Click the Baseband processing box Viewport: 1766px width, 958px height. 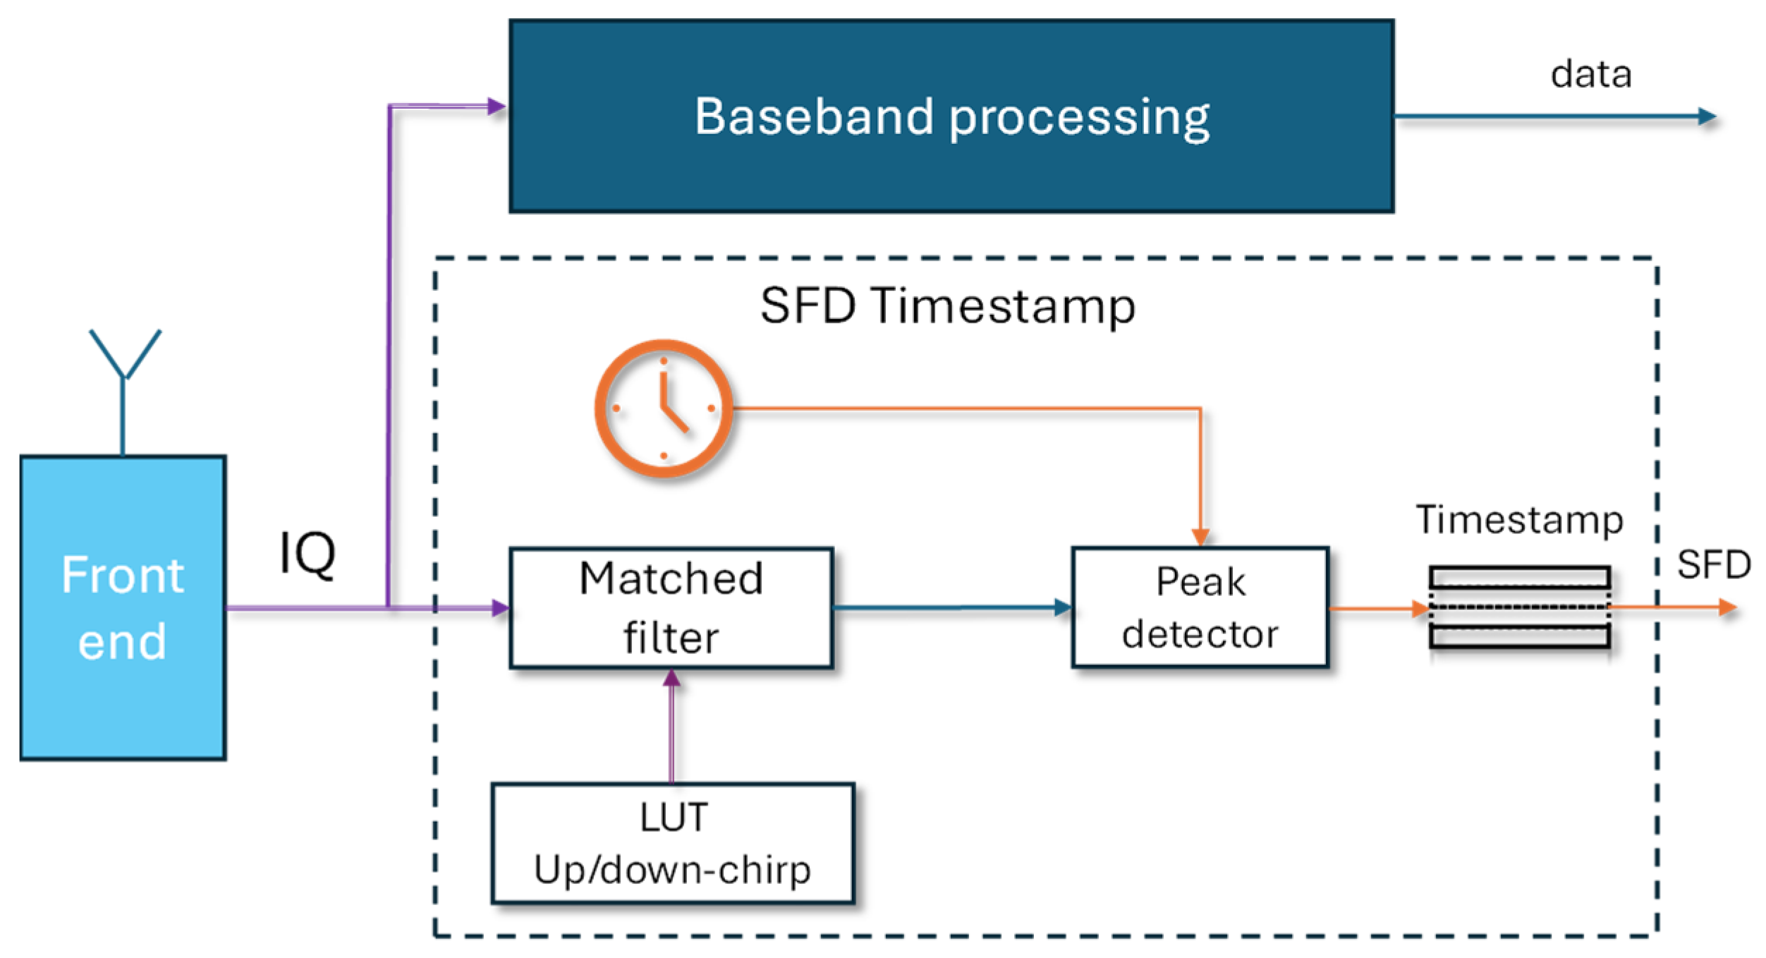(951, 116)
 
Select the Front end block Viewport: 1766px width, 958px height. (123, 607)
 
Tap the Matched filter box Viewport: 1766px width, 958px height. (671, 607)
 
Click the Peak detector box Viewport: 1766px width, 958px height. (1200, 607)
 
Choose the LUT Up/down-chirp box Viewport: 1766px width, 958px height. (673, 843)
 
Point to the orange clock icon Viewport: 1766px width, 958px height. (663, 408)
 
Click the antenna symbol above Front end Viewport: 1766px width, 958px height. (124, 392)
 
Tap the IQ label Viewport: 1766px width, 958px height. (307, 554)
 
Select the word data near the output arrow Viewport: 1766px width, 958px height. (1591, 74)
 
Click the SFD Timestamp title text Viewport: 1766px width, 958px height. (948, 306)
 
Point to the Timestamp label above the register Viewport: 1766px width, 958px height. (1519, 521)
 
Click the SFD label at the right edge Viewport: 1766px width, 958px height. (1714, 564)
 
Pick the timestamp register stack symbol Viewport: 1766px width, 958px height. (1520, 607)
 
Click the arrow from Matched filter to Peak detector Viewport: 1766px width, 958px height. (953, 607)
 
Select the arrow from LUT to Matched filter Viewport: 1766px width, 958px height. (671, 726)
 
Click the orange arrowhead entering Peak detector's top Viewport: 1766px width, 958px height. (1200, 538)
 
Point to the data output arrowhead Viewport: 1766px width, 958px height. (1707, 116)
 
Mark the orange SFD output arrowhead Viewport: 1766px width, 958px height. (1727, 607)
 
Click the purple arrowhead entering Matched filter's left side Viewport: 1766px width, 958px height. (500, 607)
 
